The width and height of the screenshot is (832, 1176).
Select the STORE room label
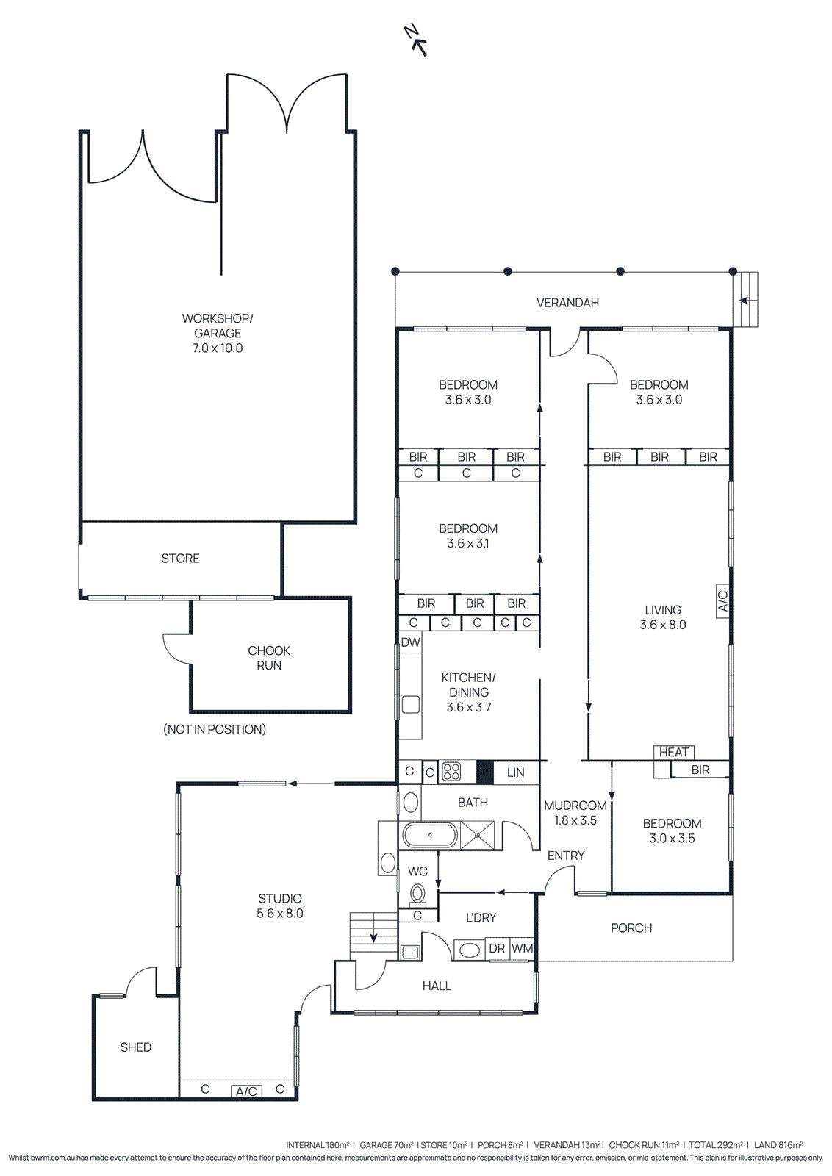180,559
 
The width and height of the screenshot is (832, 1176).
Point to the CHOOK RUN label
269,658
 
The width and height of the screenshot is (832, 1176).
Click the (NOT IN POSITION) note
215,729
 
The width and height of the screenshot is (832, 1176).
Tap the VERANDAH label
567,302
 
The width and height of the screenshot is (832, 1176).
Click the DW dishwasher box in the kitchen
410,642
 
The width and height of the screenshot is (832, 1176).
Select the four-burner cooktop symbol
451,772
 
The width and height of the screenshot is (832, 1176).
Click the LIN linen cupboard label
516,772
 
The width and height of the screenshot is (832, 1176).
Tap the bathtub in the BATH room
430,836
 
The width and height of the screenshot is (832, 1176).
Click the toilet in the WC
417,894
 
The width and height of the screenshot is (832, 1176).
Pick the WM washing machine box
522,949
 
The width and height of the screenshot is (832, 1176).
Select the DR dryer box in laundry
497,949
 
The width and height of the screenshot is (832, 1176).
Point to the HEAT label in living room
673,752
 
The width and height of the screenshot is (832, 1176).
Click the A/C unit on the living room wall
722,601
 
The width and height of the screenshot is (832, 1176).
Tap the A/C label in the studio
246,1091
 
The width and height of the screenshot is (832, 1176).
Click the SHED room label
136,1047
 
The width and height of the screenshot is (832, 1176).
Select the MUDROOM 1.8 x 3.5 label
575,813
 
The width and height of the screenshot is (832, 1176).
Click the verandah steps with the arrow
747,299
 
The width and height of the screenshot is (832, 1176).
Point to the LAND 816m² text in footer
778,1145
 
